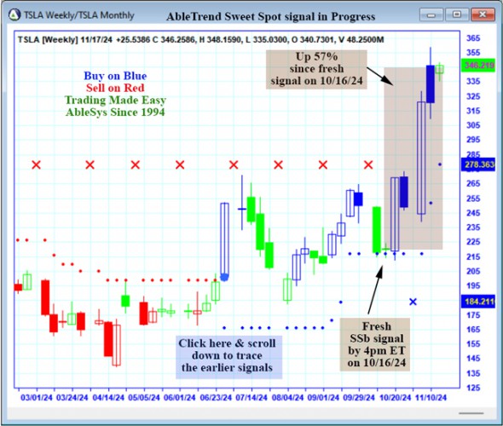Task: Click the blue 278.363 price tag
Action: pos(477,164)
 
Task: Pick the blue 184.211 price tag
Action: pos(477,302)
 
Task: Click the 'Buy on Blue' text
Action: pos(115,76)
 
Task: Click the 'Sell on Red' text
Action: pos(115,88)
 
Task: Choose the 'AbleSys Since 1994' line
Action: pos(115,112)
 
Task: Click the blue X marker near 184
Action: pos(413,302)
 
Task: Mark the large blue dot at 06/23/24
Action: pos(224,276)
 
